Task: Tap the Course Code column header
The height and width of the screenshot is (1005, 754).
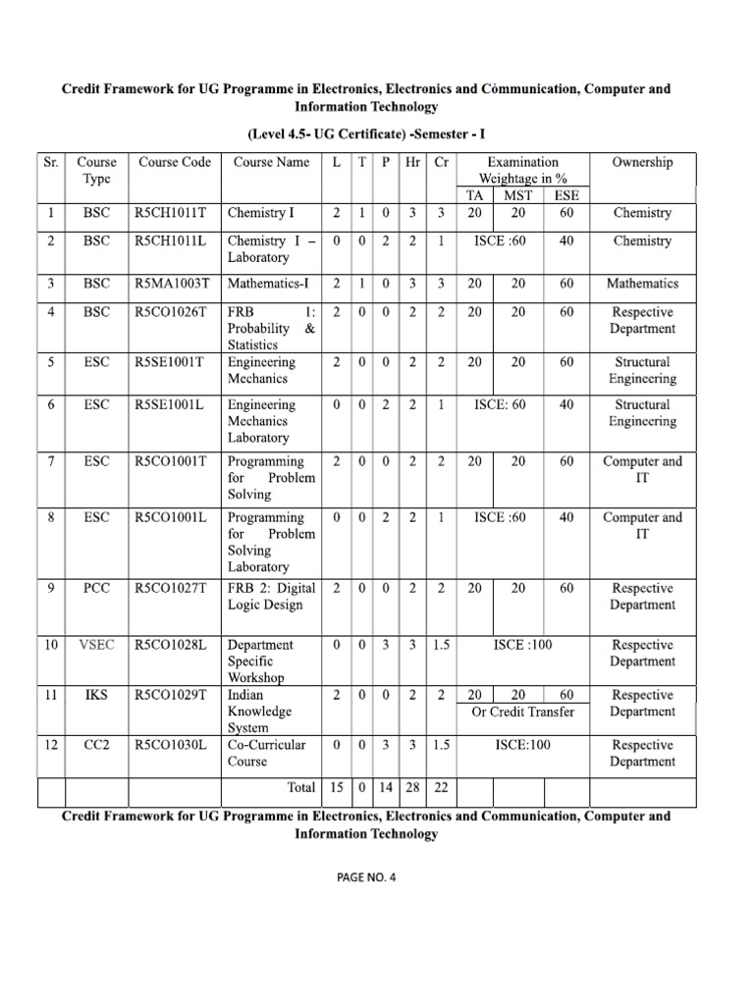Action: click(x=175, y=162)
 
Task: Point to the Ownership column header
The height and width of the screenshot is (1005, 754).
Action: click(x=642, y=162)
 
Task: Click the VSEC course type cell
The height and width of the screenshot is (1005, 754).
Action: click(x=96, y=645)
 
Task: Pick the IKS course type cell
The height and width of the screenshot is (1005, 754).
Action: click(x=96, y=695)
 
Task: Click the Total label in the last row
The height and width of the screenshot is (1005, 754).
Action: click(x=299, y=787)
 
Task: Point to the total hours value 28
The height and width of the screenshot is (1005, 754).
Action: click(x=413, y=787)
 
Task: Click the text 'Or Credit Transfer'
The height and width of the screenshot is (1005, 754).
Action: click(x=523, y=712)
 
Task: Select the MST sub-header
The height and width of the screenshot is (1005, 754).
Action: click(x=517, y=195)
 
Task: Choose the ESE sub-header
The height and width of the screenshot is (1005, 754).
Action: click(x=566, y=195)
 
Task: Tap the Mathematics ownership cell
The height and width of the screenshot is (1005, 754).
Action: click(x=642, y=284)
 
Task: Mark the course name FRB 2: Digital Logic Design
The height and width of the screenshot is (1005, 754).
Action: click(x=271, y=597)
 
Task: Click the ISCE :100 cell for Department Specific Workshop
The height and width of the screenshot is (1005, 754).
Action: click(x=523, y=645)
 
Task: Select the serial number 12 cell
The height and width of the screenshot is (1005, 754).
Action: click(x=50, y=745)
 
